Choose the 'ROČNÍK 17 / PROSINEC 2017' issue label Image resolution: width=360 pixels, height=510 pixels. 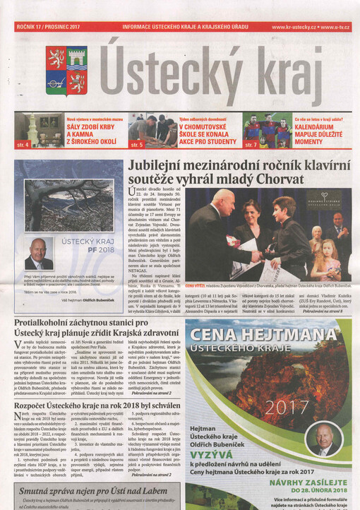[x=48, y=27]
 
